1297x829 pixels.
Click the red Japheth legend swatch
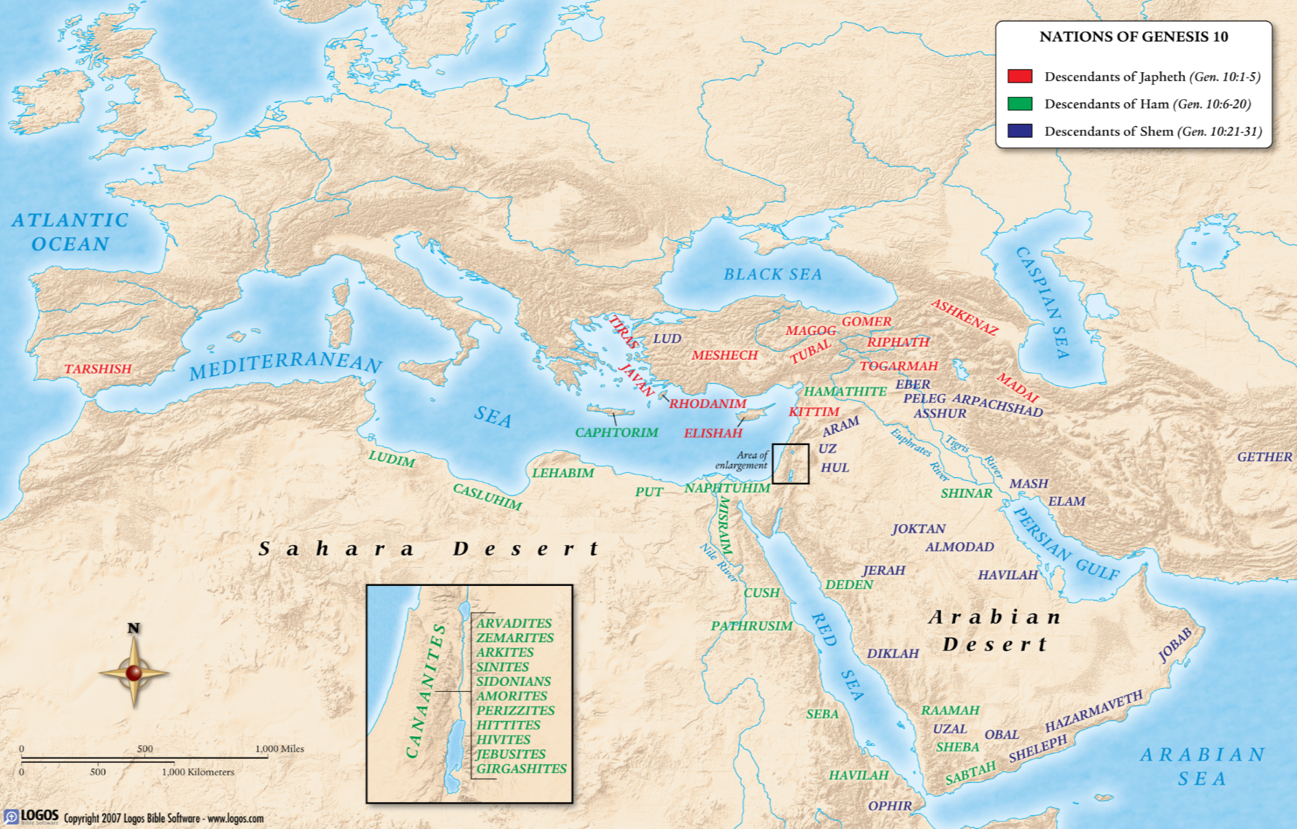(x=1019, y=76)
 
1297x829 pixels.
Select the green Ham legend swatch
(x=1019, y=104)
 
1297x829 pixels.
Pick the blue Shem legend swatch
(x=1019, y=131)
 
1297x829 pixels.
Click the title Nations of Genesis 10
(x=1133, y=36)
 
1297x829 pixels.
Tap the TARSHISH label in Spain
(x=98, y=369)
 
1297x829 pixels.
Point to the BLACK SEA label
(x=773, y=274)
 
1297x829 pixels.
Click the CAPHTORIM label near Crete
(x=616, y=432)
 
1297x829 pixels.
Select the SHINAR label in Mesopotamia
(x=966, y=493)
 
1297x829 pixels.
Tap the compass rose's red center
(x=133, y=673)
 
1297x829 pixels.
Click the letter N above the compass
(x=133, y=628)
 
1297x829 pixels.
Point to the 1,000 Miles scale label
(x=279, y=749)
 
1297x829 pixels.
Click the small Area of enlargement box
(x=791, y=463)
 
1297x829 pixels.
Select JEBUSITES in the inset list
(x=511, y=754)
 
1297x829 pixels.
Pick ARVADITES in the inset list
(x=514, y=623)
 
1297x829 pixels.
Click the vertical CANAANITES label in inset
(x=426, y=690)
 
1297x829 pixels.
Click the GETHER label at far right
(x=1264, y=457)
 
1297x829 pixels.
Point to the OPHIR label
(x=889, y=806)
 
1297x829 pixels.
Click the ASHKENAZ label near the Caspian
(x=964, y=317)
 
